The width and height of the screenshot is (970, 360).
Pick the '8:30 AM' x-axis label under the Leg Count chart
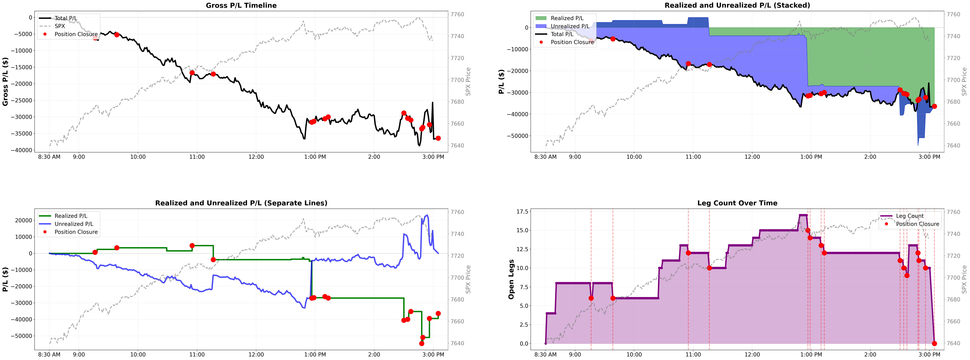point(545,354)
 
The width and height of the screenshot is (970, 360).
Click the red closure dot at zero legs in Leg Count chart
point(934,343)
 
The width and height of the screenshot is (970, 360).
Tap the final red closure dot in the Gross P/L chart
point(438,138)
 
